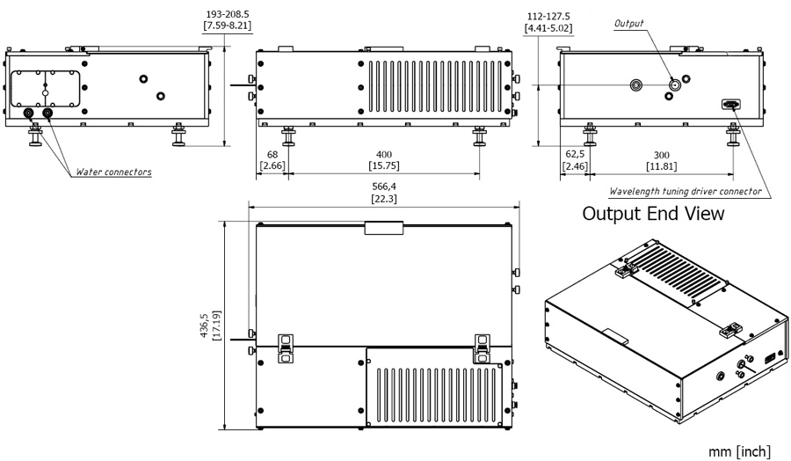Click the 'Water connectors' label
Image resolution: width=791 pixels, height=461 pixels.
click(x=112, y=172)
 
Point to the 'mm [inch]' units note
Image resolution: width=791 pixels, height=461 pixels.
click(x=741, y=451)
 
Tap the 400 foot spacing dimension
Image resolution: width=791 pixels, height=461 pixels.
click(x=383, y=154)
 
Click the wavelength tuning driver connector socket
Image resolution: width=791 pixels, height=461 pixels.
click(x=730, y=105)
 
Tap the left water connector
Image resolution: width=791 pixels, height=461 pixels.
click(x=29, y=114)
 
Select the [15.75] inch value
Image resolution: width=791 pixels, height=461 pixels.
click(x=383, y=165)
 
